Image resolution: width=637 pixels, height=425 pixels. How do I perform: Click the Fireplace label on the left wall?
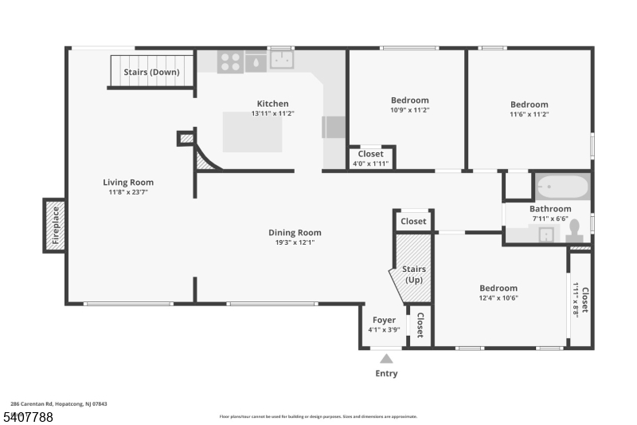[56, 225]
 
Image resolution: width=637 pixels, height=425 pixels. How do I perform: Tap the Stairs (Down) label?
[151, 72]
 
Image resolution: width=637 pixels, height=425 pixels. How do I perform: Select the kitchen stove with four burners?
[231, 61]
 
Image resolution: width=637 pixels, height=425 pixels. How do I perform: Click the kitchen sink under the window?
[282, 60]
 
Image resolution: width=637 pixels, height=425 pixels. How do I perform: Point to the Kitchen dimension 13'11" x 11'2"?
[272, 114]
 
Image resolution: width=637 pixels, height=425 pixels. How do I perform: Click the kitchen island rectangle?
[252, 132]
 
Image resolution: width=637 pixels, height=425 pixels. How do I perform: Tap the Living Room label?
[128, 182]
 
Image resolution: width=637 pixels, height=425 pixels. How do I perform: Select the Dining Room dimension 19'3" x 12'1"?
[294, 242]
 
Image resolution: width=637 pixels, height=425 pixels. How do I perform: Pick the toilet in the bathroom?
[574, 231]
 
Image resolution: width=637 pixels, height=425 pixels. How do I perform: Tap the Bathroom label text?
[550, 209]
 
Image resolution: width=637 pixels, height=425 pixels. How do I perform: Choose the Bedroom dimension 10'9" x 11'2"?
[409, 110]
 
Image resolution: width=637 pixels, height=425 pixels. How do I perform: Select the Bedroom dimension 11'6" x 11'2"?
[529, 114]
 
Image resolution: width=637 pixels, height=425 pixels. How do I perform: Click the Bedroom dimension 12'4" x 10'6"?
[498, 298]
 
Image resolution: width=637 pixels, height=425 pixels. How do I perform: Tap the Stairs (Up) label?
[414, 274]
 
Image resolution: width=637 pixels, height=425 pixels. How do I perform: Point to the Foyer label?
[384, 320]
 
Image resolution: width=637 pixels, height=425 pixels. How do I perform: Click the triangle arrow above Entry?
[386, 359]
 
